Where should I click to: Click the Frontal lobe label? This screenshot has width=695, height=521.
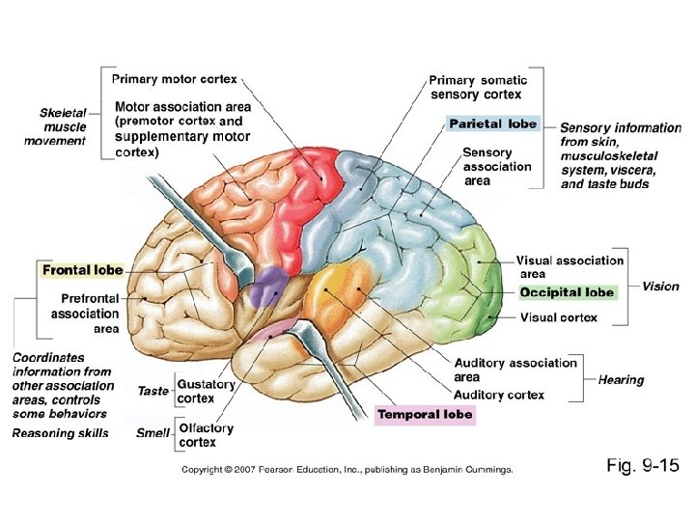[x=82, y=270]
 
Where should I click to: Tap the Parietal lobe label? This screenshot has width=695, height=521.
[x=492, y=123]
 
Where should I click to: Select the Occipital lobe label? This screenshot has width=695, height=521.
[x=567, y=292]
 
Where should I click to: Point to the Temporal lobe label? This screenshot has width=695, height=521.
[x=426, y=414]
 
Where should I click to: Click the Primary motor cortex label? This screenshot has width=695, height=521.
[x=175, y=78]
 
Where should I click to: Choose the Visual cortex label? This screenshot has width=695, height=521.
[x=559, y=317]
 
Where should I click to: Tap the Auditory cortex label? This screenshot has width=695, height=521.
[x=498, y=395]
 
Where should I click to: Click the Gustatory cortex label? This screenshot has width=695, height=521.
[x=207, y=391]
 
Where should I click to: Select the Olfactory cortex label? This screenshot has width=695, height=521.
[x=206, y=435]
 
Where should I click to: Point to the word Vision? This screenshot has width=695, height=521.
[x=661, y=287]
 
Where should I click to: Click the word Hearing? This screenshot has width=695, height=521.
[x=621, y=380]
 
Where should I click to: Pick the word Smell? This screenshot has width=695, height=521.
[x=153, y=433]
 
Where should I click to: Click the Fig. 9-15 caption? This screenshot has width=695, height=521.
[x=643, y=467]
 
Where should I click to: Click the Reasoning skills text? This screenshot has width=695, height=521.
[x=60, y=433]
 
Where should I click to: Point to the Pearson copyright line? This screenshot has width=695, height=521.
[x=347, y=470]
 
